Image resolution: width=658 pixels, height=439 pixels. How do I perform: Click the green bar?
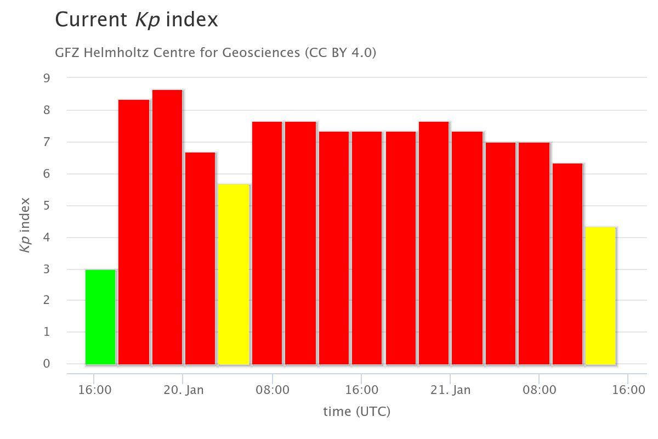(x=100, y=317)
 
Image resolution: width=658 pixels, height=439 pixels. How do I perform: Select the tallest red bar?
(x=167, y=227)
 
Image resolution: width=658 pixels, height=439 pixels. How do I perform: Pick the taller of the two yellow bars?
(x=234, y=274)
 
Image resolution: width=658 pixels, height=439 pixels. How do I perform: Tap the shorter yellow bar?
(x=601, y=296)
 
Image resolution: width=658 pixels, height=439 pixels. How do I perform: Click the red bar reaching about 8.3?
(x=134, y=232)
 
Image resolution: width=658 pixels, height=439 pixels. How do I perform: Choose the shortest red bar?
(x=568, y=264)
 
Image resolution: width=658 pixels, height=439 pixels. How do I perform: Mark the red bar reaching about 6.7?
(x=200, y=258)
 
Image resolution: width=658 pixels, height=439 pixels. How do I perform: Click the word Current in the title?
(x=92, y=20)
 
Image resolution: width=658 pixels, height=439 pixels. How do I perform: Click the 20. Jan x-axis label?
(x=183, y=390)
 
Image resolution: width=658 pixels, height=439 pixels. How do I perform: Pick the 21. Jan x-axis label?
(x=450, y=390)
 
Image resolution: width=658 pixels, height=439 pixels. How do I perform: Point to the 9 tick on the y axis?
(x=47, y=78)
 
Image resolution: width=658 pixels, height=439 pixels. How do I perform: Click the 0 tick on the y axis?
(x=47, y=364)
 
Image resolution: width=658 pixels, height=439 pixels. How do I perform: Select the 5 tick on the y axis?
(x=47, y=206)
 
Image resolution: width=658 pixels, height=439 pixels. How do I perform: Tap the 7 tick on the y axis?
(x=47, y=142)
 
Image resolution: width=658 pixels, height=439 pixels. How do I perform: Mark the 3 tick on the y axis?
(x=47, y=269)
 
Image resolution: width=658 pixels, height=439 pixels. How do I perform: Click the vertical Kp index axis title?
(x=25, y=225)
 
